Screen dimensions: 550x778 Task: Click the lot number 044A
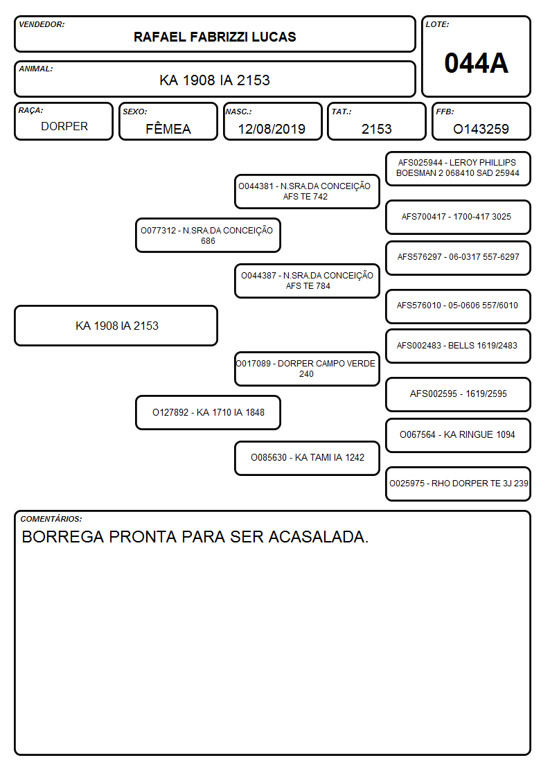(x=476, y=63)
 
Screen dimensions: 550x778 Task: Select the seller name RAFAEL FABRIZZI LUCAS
(x=215, y=37)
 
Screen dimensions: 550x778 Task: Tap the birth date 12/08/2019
(x=272, y=129)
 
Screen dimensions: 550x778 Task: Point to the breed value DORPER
(x=64, y=127)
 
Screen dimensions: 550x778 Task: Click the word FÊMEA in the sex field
(x=168, y=128)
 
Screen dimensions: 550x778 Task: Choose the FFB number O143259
(x=481, y=129)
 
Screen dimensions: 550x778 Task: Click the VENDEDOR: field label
(x=42, y=24)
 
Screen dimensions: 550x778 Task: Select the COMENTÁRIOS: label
(x=51, y=519)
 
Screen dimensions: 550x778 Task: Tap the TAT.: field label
(x=341, y=112)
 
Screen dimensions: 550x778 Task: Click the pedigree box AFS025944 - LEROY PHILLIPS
(x=459, y=169)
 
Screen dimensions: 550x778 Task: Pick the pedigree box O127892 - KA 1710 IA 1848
(x=209, y=412)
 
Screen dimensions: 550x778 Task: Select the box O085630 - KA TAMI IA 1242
(x=308, y=458)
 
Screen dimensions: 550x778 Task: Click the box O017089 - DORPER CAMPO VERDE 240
(x=308, y=369)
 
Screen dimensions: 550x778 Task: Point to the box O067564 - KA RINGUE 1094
(x=459, y=435)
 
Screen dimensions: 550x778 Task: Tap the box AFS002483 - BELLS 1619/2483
(x=459, y=346)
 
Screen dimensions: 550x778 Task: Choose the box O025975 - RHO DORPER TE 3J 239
(x=459, y=484)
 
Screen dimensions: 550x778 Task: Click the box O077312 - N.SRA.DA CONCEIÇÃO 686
(x=209, y=235)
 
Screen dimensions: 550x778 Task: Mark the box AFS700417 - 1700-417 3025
(x=459, y=217)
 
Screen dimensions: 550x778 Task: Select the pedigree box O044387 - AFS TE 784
(x=308, y=281)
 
